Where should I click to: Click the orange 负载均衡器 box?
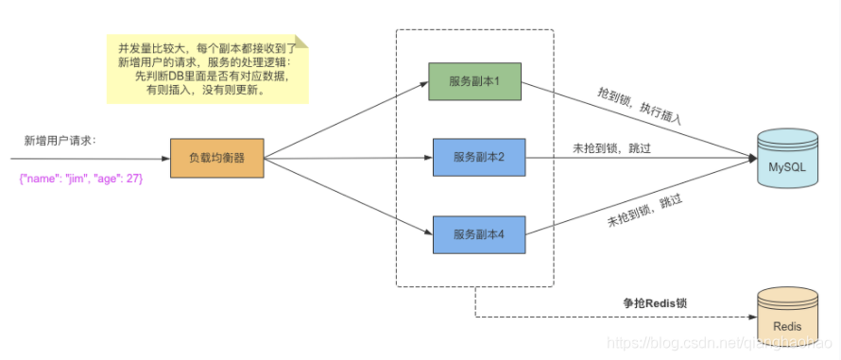point(216,158)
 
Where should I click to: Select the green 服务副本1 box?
point(475,81)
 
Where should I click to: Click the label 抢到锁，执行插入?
point(639,107)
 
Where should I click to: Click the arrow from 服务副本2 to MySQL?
point(643,158)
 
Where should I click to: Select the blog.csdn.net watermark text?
point(718,346)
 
